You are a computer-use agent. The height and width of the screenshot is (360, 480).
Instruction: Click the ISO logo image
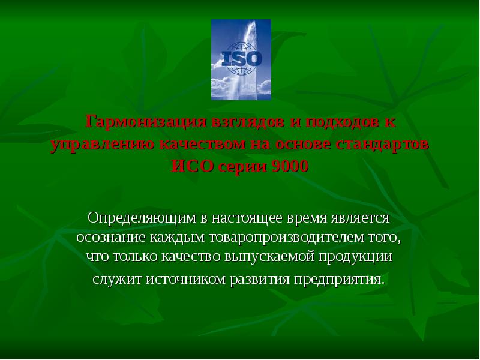pos(241,59)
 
